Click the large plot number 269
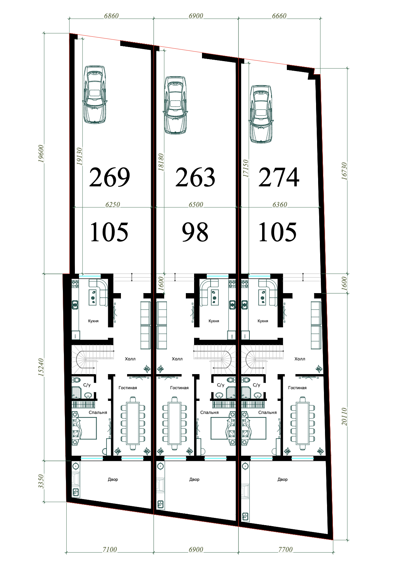(110, 177)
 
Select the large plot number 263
(195, 177)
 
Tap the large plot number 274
(279, 177)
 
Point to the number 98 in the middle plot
(195, 232)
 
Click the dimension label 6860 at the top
(111, 16)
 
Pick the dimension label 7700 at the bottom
(285, 549)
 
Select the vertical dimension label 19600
(41, 154)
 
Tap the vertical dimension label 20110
(344, 416)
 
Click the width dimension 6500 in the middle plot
(196, 204)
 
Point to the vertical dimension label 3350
(41, 481)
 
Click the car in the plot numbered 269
(94, 94)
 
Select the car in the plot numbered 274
(261, 114)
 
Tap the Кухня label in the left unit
(93, 321)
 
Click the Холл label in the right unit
(300, 359)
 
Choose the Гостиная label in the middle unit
(179, 387)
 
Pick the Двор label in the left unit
(113, 479)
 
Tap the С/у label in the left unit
(87, 385)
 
